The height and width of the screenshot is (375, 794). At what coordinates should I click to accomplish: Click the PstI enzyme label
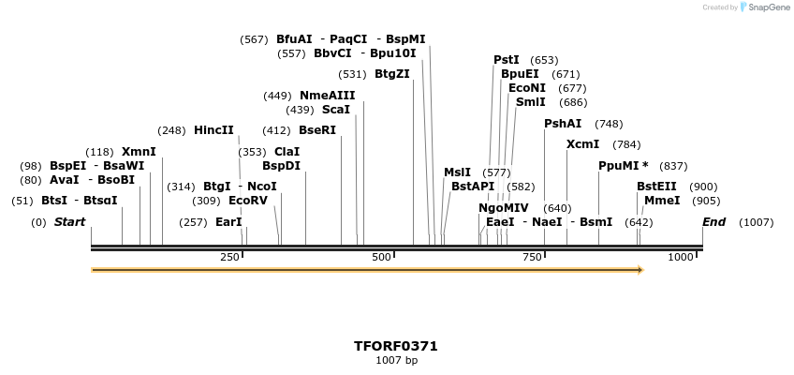(507, 60)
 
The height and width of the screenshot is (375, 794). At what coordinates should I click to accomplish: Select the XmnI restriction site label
(139, 152)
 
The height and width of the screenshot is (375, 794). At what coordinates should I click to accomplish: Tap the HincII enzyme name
(213, 130)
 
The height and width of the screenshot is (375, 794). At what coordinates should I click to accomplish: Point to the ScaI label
(335, 110)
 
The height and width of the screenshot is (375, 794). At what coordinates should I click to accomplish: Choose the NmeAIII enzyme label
(327, 96)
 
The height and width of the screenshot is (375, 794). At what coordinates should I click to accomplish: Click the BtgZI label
(391, 74)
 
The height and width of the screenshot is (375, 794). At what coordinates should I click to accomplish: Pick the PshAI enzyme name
(563, 124)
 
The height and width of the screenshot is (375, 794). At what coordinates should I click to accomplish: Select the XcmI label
(582, 144)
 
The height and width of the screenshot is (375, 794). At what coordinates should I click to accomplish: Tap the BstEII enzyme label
(656, 187)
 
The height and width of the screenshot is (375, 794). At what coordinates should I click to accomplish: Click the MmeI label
(662, 201)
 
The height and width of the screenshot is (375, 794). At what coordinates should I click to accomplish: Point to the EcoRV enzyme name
(247, 201)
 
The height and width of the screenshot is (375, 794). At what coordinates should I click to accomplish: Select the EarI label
(228, 222)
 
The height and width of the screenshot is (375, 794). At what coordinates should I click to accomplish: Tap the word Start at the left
(69, 222)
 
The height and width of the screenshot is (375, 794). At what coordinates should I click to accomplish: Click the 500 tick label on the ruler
(382, 257)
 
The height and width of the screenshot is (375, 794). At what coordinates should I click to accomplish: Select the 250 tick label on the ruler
(229, 257)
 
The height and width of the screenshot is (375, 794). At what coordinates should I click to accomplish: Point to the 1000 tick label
(681, 257)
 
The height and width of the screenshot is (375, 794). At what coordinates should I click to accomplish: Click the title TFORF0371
(396, 346)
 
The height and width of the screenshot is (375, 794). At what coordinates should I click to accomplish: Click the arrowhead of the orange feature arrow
(640, 270)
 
